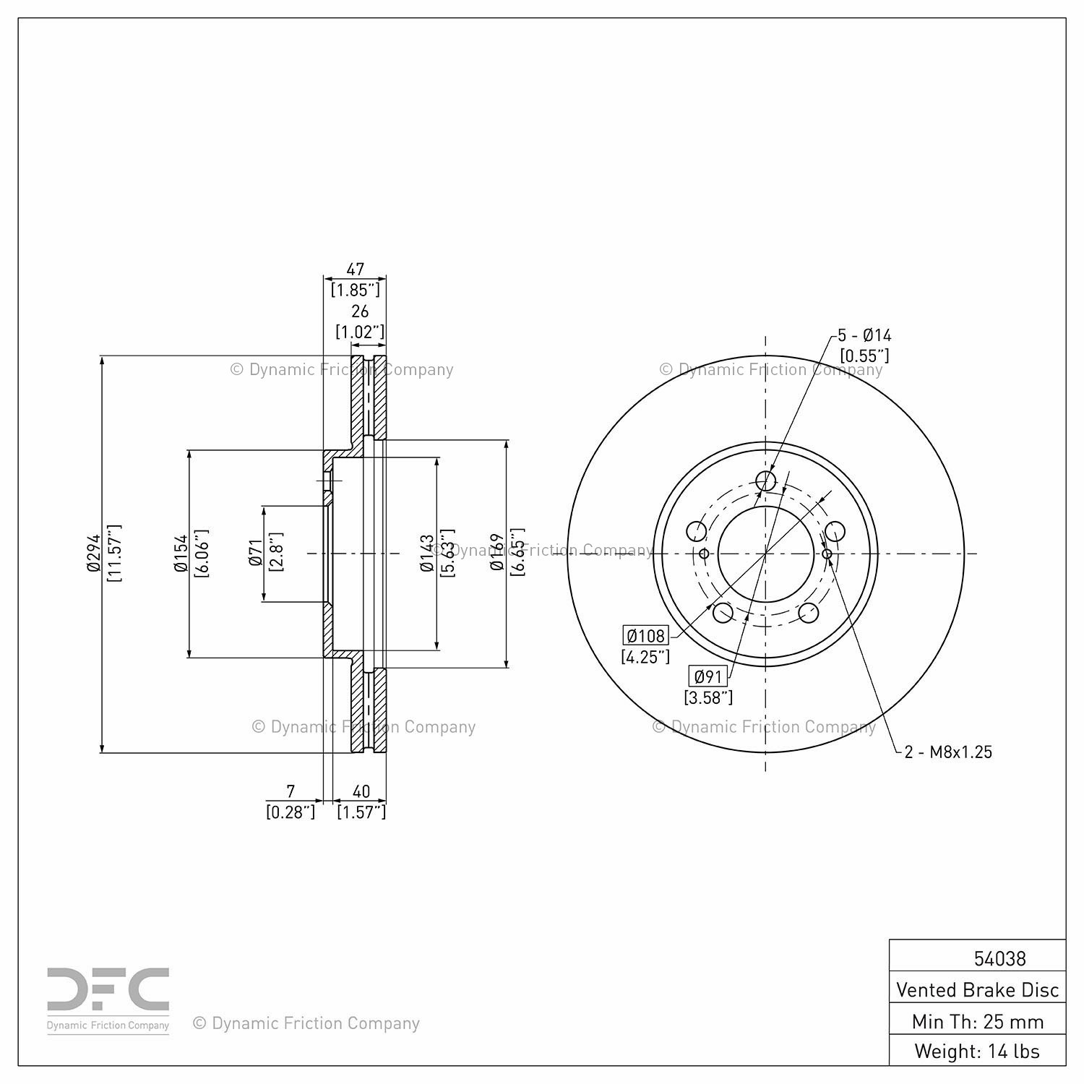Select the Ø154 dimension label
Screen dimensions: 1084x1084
pos(181,554)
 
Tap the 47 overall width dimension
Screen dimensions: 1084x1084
pos(356,270)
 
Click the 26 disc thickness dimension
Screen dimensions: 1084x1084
pos(360,311)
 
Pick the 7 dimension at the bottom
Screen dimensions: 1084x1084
pos(291,791)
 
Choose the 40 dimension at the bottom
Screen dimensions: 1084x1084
pos(361,791)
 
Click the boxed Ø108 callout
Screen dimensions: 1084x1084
pos(646,636)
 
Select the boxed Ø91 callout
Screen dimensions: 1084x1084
pos(707,676)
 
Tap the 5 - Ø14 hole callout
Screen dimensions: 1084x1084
pos(864,335)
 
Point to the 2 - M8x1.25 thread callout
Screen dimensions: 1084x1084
pos(948,752)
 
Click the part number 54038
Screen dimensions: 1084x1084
pos(999,958)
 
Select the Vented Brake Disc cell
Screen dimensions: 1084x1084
pos(977,989)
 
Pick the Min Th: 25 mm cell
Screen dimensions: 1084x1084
pos(977,1021)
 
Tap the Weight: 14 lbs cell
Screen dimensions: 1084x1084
pos(977,1051)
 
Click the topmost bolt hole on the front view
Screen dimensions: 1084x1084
pos(765,481)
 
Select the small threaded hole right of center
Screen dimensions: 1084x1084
pos(827,554)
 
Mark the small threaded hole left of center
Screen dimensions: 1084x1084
pos(704,554)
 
